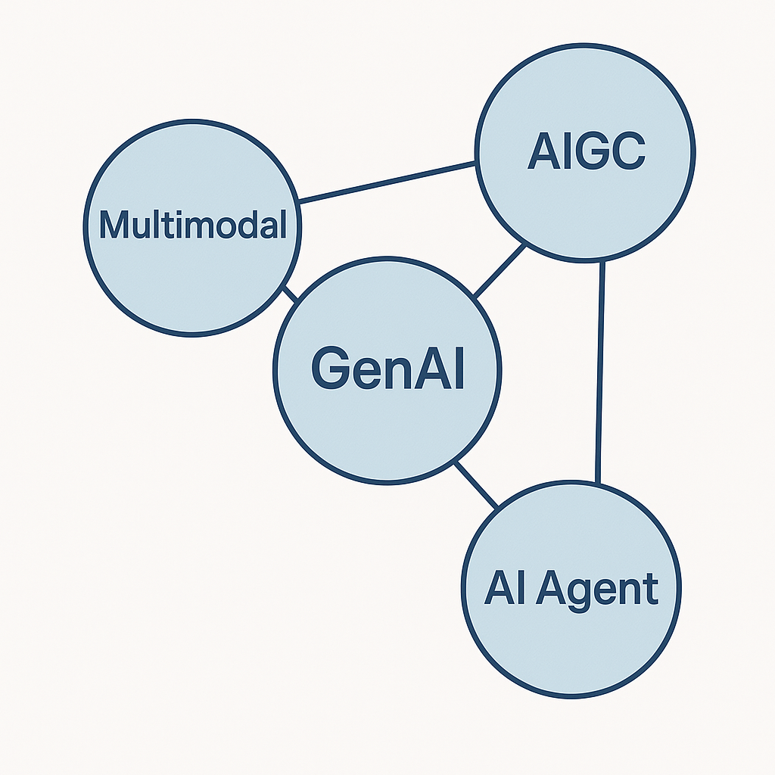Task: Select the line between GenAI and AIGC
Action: pyautogui.click(x=499, y=270)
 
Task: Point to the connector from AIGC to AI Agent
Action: pyautogui.click(x=601, y=371)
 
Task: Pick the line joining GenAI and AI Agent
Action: pyautogui.click(x=477, y=484)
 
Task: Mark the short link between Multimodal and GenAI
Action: pyautogui.click(x=290, y=294)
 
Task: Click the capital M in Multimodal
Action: pyautogui.click(x=114, y=225)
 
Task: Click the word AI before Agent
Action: pyautogui.click(x=505, y=588)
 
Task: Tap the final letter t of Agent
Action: pyautogui.click(x=651, y=589)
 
